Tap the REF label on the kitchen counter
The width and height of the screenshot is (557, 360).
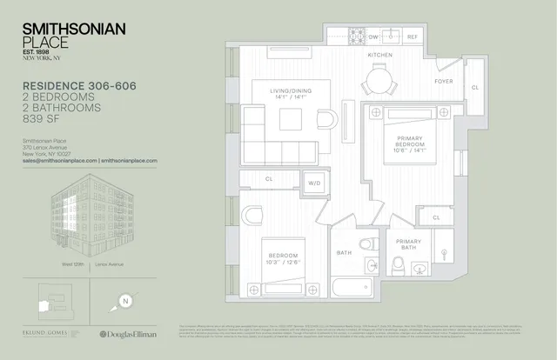pos(413,37)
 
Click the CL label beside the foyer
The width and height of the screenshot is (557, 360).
pos(475,88)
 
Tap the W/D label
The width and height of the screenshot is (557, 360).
pos(313,183)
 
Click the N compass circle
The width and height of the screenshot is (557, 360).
pos(126,303)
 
